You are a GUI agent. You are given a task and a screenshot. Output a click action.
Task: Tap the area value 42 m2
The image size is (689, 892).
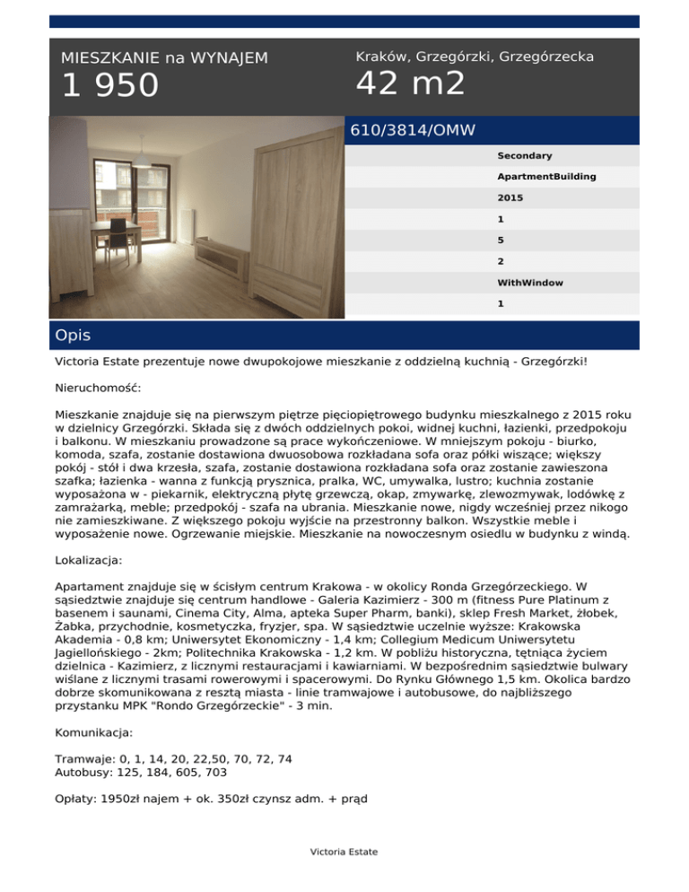click(x=411, y=83)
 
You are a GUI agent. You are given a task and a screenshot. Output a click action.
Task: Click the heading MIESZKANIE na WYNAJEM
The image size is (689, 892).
click(x=164, y=58)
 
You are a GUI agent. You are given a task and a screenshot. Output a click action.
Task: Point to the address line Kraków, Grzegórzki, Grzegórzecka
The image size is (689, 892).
click(x=475, y=57)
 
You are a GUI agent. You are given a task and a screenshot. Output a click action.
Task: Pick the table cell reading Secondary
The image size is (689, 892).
click(x=525, y=156)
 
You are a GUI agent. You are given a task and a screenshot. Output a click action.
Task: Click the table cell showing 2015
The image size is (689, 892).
click(x=510, y=197)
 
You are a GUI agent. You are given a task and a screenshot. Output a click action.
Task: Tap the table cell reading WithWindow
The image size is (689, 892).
click(x=530, y=283)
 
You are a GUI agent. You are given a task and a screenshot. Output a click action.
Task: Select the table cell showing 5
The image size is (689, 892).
click(x=501, y=240)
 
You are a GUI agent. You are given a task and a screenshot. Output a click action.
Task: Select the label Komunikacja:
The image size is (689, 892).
click(x=94, y=708)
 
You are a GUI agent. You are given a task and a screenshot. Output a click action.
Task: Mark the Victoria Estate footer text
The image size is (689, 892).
click(x=344, y=852)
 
